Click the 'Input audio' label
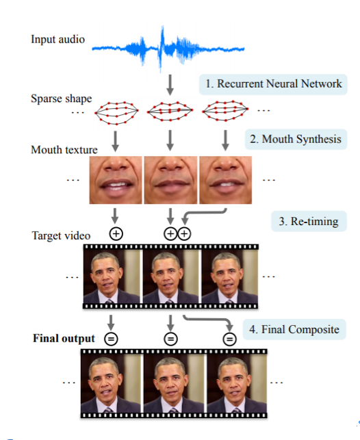tap(57, 39)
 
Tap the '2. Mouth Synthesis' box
tap(294, 140)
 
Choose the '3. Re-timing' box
tap(309, 222)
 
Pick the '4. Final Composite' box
tap(294, 329)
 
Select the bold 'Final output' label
tap(64, 338)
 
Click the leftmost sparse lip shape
tap(116, 111)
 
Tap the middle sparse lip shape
tap(170, 111)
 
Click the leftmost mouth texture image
tap(116, 180)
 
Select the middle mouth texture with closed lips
tap(170, 180)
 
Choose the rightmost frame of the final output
tap(229, 383)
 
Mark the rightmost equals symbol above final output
tap(230, 338)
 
